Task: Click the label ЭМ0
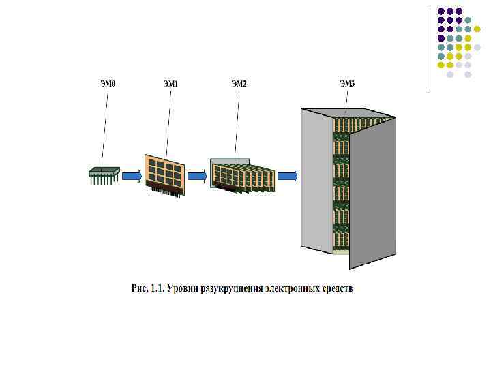108,84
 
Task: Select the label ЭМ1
170,84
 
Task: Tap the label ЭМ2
239,84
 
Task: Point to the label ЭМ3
347,84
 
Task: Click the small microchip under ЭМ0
104,174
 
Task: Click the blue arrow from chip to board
132,177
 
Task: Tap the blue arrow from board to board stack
196,177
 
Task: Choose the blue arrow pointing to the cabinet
288,177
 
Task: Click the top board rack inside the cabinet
340,125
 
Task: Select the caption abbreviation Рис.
138,289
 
